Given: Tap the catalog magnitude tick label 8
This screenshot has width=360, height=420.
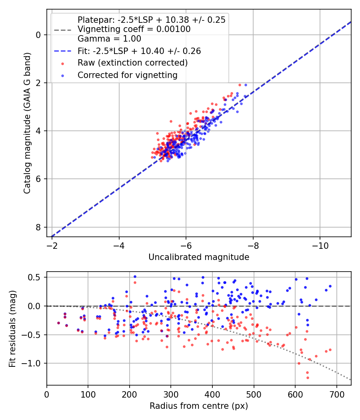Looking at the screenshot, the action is (38, 227).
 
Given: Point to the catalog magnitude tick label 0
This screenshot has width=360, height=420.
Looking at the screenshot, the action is (38, 35).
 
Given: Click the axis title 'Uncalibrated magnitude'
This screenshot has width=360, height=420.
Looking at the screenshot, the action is (199, 257).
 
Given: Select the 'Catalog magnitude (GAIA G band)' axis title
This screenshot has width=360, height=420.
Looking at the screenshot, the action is (27, 123).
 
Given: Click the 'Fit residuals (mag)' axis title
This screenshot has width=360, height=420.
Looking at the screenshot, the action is (12, 329).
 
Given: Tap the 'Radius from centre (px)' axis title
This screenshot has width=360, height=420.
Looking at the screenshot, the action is (199, 406).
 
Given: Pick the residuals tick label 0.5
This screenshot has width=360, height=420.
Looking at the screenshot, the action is (34, 277).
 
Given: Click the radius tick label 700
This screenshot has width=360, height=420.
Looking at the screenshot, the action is (336, 394).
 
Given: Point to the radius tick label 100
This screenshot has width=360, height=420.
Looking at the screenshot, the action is (88, 394).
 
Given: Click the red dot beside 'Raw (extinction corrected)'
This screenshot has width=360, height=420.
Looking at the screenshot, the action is (63, 64).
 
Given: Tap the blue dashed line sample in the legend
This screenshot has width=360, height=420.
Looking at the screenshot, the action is (63, 51).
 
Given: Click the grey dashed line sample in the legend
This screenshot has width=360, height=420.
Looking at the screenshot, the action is (63, 30).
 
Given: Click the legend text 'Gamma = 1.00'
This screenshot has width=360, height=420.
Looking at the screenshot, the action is (109, 39).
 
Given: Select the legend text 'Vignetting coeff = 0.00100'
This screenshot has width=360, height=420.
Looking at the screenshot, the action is (134, 29).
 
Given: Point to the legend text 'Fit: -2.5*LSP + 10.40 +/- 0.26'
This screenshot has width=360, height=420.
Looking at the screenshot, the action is (139, 51).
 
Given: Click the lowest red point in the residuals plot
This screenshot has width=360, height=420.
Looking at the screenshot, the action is (308, 378).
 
